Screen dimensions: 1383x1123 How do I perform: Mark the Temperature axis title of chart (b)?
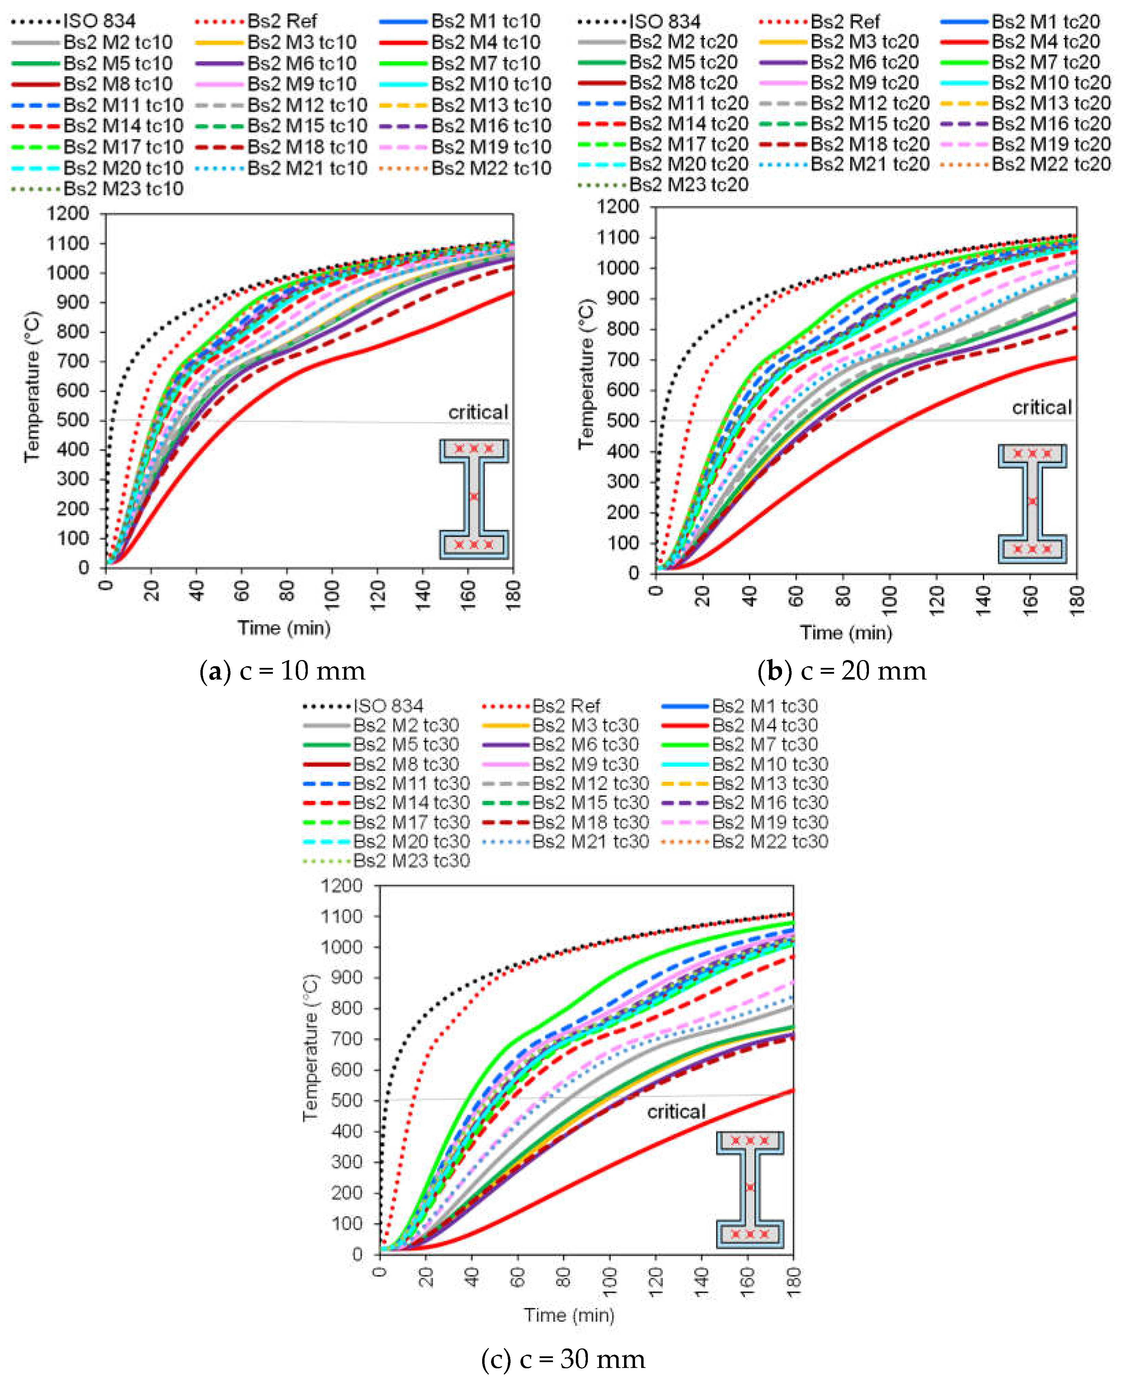pyautogui.click(x=586, y=374)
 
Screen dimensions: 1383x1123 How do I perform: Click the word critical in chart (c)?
pyautogui.click(x=676, y=1112)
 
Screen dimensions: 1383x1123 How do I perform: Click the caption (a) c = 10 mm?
pyautogui.click(x=283, y=671)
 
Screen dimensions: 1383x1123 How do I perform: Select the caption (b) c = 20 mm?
pyautogui.click(x=842, y=671)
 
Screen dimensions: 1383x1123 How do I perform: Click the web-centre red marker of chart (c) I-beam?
pyautogui.click(x=750, y=1188)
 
